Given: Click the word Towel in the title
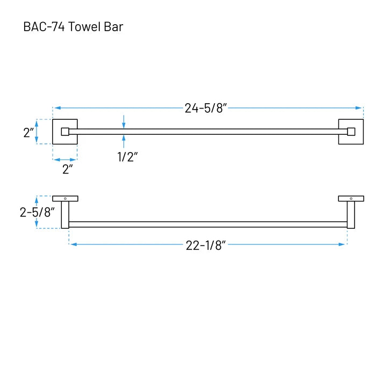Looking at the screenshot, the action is pos(85,27).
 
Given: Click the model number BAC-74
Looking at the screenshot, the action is pos(44,27).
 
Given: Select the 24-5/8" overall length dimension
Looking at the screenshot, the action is pos(206,108).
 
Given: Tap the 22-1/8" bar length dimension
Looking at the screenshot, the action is pos(206,246).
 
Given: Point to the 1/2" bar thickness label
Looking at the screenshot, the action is pos(127,157).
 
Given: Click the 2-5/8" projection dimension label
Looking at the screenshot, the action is pos(37,212).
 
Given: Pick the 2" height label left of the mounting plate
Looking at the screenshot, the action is pos(28,133).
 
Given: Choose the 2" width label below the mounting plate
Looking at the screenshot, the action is pos(67,169).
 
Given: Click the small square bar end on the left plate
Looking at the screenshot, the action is pos(65,132).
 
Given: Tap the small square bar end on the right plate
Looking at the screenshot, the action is pos(351,132).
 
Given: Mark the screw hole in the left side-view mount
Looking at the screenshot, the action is pos(65,199).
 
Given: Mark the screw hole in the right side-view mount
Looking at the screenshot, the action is pos(351,199).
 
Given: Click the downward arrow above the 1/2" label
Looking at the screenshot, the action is pos(124,122).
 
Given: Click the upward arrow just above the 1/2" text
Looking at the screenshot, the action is pos(124,141).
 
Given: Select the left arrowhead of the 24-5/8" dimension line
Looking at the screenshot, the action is pos(57,108).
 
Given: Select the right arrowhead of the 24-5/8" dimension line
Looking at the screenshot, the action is pos(358,108).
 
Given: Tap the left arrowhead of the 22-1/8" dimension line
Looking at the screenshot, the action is pos(74,244).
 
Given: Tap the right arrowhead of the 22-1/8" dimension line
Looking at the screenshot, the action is pos(342,244).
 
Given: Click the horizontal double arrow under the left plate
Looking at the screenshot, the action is pos(65,160).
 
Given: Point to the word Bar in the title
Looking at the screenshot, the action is pos(113,27).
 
